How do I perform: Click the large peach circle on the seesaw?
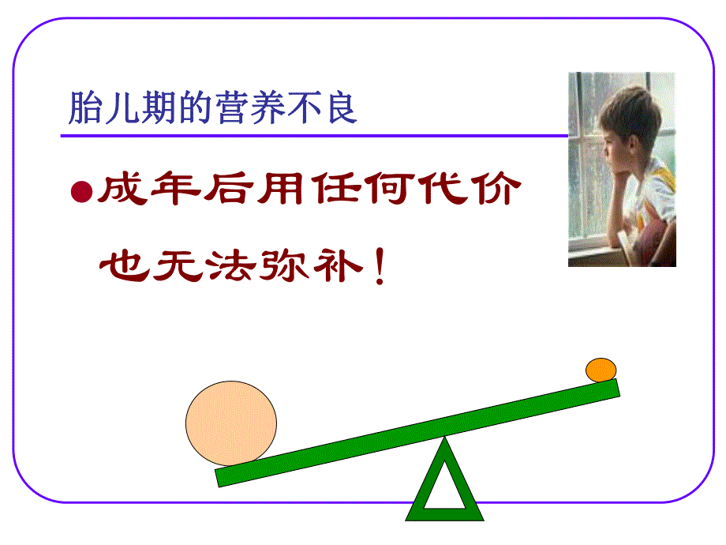[231, 424]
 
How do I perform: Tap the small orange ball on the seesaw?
[601, 370]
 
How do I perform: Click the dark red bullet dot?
[80, 192]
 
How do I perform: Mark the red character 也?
[121, 269]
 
